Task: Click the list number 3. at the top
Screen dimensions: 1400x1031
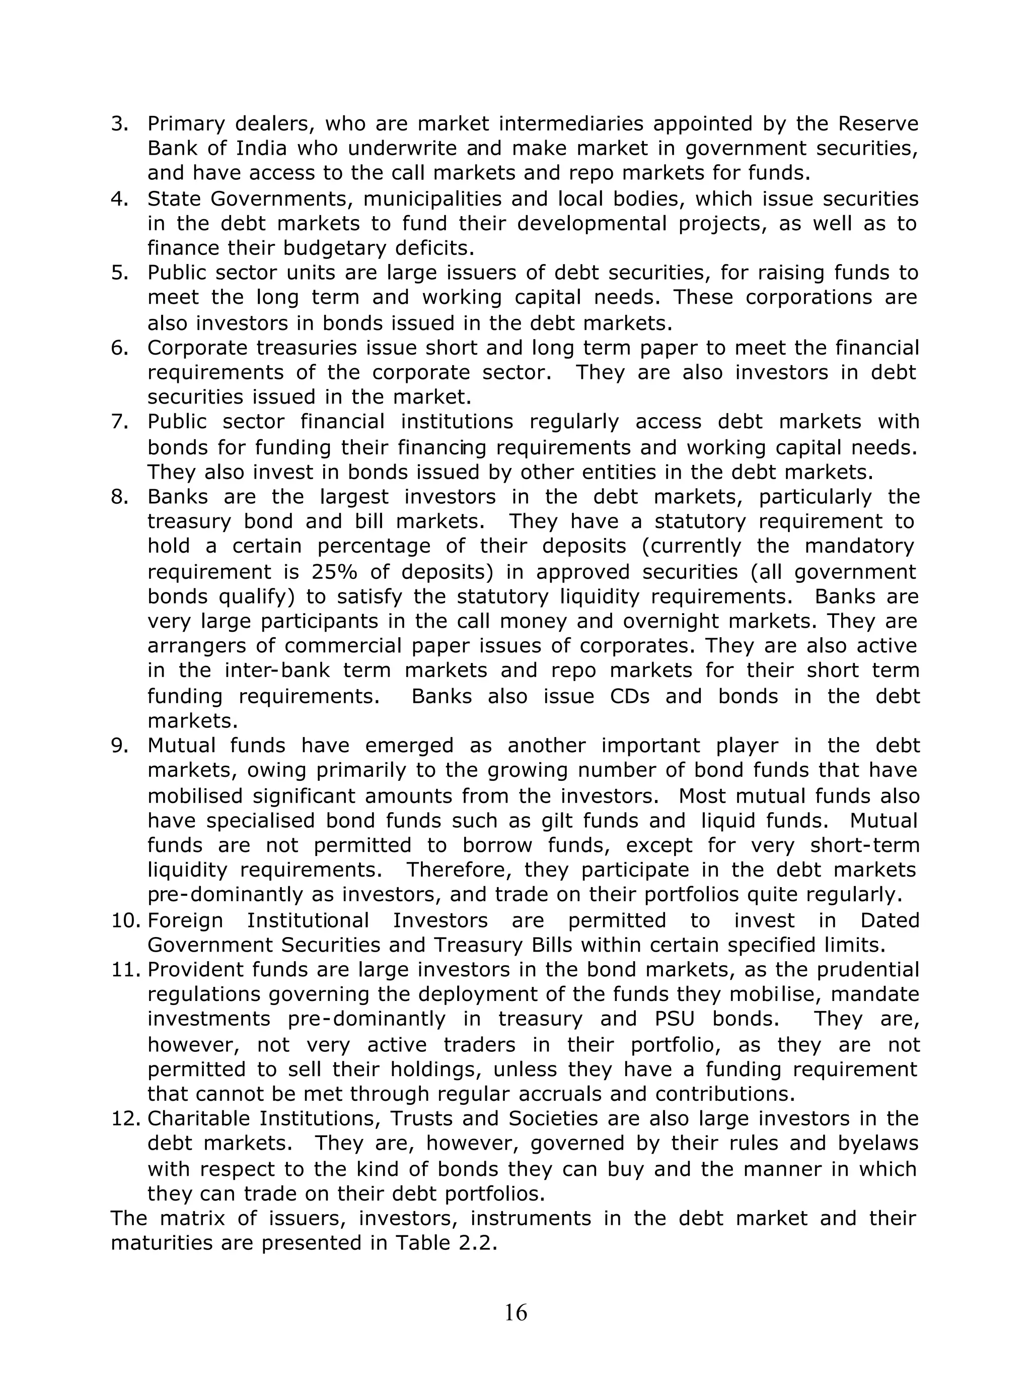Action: tap(119, 123)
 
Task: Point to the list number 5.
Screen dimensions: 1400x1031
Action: tap(119, 273)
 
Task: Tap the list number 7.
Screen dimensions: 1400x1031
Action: tap(119, 422)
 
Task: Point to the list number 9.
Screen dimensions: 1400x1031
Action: tap(119, 746)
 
